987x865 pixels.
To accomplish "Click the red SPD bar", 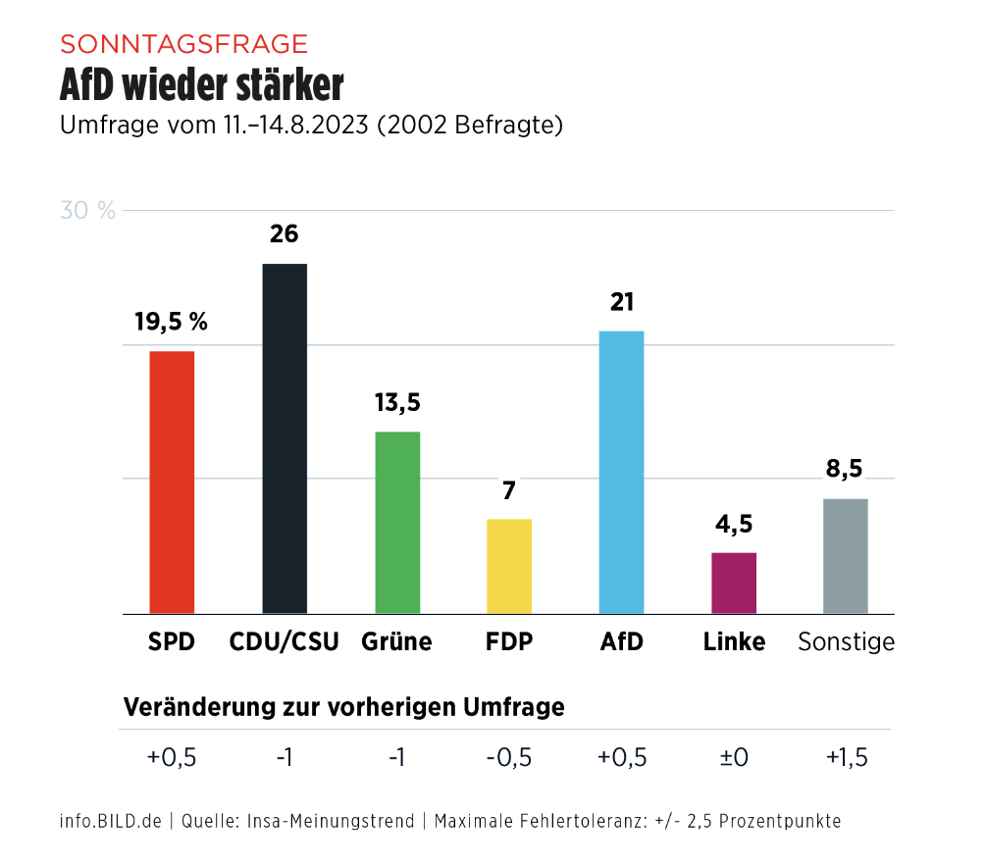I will pos(172,482).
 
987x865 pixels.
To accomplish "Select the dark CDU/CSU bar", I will pos(285,438).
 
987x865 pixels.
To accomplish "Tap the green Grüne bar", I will pos(397,522).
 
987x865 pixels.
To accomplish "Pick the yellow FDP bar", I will pos(509,566).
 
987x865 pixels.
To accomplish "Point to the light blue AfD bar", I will pos(621,472).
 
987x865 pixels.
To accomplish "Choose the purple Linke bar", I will pos(734,583).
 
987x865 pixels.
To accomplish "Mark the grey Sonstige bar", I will pos(846,556).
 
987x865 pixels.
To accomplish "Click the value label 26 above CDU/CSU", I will pos(285,235).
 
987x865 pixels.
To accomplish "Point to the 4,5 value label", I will pos(734,525).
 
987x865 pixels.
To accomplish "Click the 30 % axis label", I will pos(87,211).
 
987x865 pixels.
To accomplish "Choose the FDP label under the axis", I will pos(509,642).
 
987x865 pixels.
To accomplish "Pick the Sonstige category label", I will pos(846,642).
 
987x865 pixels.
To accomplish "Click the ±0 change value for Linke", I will pos(734,758).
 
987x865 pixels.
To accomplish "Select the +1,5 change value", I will pos(847,758).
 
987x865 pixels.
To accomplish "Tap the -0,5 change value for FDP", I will pos(509,758).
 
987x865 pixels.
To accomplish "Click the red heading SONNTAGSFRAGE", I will pos(183,44).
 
